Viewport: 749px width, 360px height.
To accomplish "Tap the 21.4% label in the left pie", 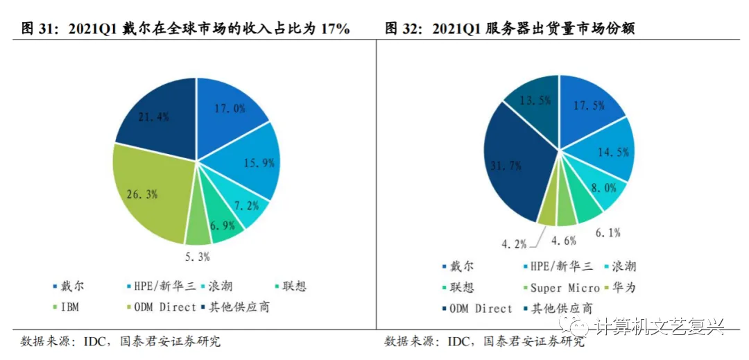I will [154, 117].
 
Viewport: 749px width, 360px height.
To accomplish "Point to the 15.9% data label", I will [261, 163].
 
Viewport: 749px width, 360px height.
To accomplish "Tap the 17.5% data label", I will [589, 105].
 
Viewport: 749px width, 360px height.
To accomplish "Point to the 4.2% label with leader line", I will [514, 243].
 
